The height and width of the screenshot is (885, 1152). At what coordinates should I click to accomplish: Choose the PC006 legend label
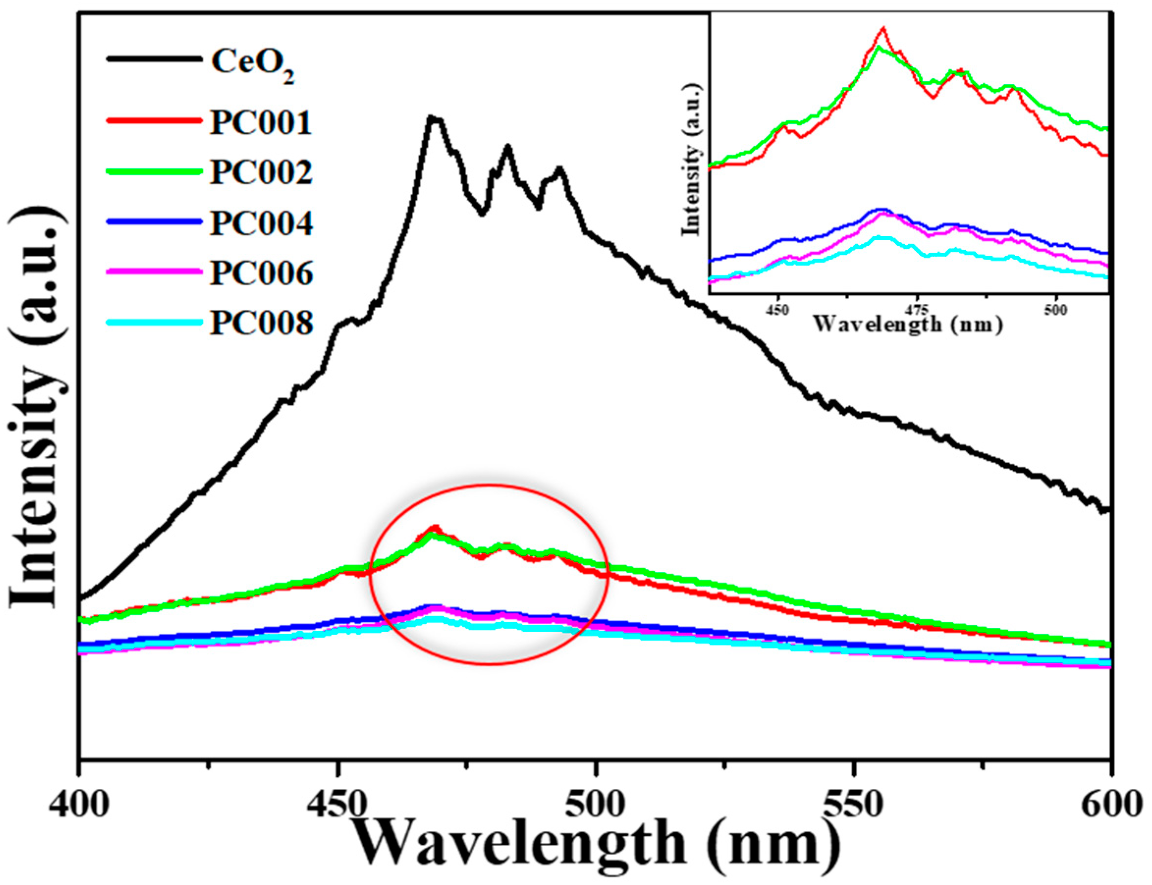click(261, 273)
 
